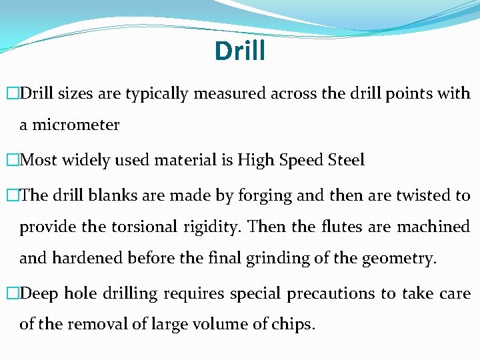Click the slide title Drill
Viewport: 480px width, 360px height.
[x=240, y=51]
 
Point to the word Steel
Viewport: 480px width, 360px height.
[x=347, y=160]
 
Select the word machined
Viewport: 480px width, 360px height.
[x=433, y=227]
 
